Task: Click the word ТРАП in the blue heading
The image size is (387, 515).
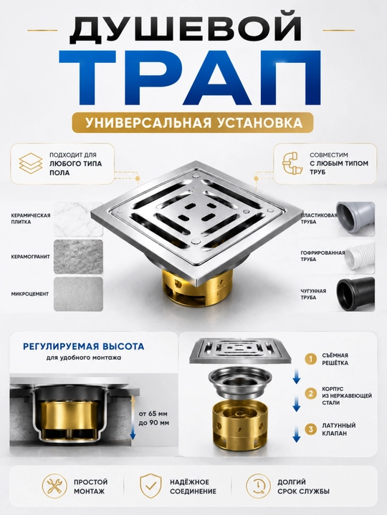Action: (190, 78)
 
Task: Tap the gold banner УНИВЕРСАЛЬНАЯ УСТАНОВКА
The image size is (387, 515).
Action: (193, 122)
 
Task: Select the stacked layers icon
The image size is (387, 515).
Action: (31, 163)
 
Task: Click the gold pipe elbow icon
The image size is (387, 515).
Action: (292, 162)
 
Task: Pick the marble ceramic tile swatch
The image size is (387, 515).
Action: (78, 219)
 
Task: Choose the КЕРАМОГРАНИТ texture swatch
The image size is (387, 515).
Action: (78, 257)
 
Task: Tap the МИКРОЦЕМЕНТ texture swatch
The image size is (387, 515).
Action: (78, 294)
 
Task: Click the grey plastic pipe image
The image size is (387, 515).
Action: (355, 217)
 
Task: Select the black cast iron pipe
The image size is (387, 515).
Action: (355, 294)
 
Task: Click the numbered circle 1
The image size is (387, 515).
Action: (310, 359)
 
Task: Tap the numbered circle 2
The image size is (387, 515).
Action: (310, 393)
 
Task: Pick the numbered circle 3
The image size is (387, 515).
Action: (310, 429)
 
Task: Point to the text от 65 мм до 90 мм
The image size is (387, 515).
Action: (153, 418)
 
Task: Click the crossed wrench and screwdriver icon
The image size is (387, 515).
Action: (54, 486)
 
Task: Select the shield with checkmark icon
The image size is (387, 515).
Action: (150, 486)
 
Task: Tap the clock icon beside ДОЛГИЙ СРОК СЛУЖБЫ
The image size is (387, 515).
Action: (258, 486)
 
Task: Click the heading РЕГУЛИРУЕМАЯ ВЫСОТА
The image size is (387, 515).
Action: (84, 346)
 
